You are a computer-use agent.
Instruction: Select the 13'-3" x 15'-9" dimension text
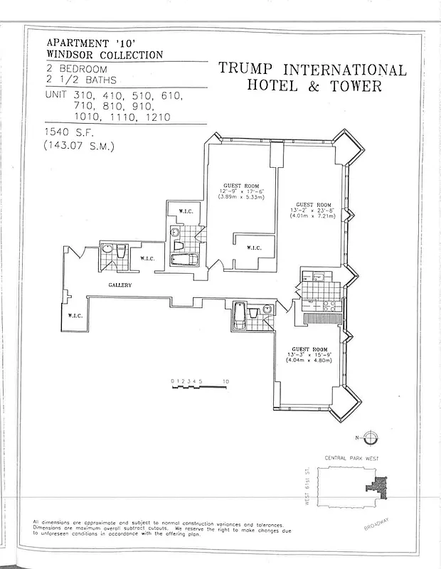309,355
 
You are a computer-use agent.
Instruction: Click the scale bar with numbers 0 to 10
199,383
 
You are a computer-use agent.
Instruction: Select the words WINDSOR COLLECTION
105,55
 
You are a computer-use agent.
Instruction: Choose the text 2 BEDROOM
77,69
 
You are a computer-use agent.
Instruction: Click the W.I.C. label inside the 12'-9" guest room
253,248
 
